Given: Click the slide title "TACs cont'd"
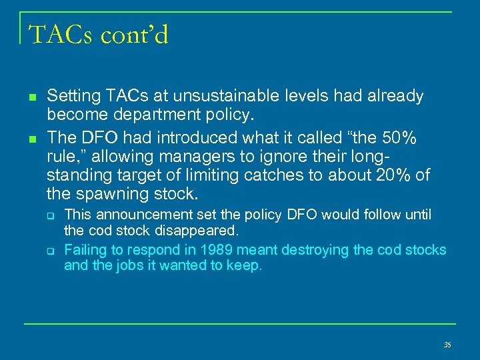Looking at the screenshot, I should coord(98,34).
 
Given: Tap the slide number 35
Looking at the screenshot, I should coord(447,345).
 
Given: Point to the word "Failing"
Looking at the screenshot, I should coord(83,250).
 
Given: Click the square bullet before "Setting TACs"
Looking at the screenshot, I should coord(31,97).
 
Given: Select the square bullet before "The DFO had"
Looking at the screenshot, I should coord(31,138).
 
